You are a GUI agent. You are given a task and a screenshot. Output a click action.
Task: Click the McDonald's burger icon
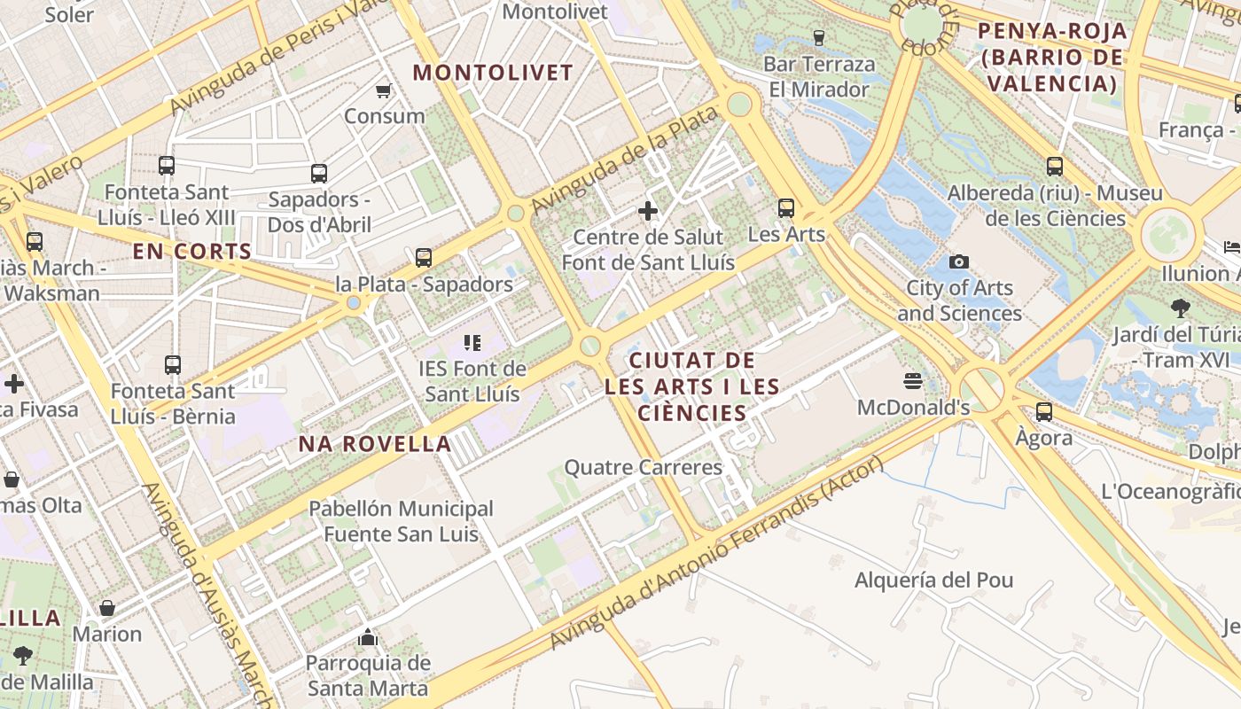(913, 381)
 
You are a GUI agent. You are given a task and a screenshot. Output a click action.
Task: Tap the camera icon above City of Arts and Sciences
(958, 261)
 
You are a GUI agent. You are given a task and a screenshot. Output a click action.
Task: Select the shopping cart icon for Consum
(384, 90)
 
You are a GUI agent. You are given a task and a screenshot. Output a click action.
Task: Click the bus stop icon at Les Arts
(785, 208)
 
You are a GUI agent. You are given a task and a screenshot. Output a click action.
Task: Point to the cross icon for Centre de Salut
(648, 211)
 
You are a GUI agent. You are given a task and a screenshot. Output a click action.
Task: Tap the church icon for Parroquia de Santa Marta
(367, 637)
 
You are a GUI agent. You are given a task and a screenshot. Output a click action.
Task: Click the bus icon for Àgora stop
(1044, 411)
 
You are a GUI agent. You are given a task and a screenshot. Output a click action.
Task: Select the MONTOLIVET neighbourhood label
(494, 73)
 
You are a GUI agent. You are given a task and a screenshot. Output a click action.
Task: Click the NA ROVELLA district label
(375, 444)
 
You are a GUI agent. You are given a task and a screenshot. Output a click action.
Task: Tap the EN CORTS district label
(192, 252)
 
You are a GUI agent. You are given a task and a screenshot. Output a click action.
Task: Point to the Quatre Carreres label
(644, 467)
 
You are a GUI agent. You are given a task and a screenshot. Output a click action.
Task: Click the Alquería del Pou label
(933, 580)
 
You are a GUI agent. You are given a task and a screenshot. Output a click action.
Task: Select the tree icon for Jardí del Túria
(1180, 308)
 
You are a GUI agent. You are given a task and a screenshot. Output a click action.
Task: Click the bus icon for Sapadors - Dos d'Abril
(319, 173)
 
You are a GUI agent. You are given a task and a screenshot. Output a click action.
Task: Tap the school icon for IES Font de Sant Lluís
(472, 342)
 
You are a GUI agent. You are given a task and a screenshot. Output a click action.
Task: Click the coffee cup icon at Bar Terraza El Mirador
(818, 37)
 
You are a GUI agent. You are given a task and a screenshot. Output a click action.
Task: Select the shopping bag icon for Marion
(106, 608)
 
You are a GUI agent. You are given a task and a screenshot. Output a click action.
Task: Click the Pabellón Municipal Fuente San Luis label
(401, 521)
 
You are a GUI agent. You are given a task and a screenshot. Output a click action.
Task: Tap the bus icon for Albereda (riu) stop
(1054, 166)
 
